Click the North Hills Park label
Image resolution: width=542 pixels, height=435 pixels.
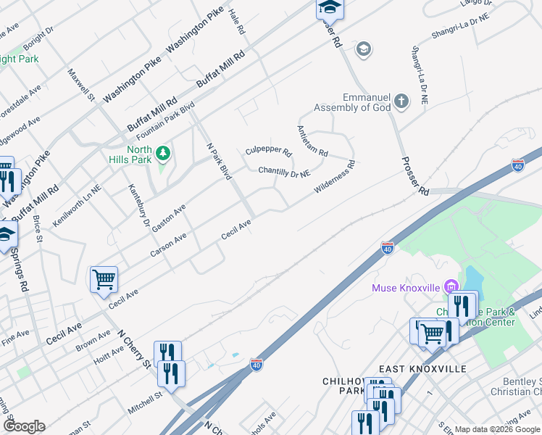135,155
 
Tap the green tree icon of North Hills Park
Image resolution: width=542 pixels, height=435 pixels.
164,152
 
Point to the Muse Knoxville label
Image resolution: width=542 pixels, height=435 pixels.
406,288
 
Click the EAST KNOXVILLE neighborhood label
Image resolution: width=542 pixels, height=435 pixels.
422,369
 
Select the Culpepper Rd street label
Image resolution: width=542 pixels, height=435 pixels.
268,152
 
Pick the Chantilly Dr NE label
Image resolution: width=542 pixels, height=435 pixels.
285,173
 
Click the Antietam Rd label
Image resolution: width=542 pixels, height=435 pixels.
312,141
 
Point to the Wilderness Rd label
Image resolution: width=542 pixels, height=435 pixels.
334,178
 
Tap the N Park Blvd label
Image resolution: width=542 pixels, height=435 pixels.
219,160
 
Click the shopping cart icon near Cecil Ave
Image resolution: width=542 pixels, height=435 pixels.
104,278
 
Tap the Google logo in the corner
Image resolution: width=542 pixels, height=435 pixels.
24,426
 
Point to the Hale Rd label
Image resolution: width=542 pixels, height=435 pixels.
234,23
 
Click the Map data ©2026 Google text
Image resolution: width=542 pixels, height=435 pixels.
497,429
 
